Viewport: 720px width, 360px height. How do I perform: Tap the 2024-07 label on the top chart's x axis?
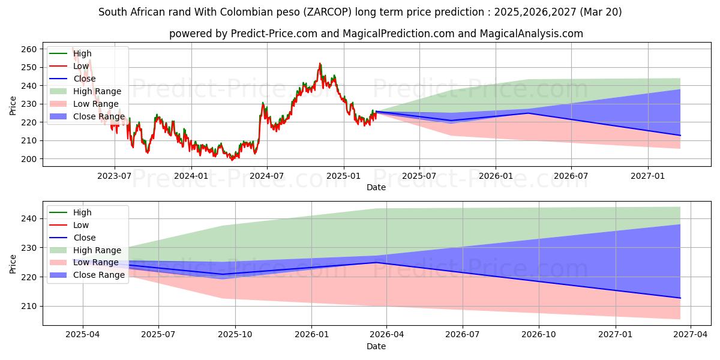[266, 175]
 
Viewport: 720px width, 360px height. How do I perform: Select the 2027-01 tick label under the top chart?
[648, 175]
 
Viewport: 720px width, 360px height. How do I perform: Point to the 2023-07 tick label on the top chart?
[115, 175]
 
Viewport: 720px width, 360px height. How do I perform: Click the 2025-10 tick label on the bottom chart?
[235, 334]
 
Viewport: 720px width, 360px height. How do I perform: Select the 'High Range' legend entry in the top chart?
[98, 91]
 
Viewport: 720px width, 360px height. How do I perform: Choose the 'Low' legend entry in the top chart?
[81, 66]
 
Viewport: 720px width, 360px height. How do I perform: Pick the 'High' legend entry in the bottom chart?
[82, 212]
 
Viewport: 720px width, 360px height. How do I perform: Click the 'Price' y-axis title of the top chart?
[13, 105]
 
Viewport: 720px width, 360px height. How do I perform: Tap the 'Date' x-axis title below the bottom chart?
[376, 346]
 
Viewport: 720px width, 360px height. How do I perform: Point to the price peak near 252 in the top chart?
[320, 64]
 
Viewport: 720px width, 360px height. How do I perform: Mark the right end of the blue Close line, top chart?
[680, 135]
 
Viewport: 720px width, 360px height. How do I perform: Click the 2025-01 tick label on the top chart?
[344, 175]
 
